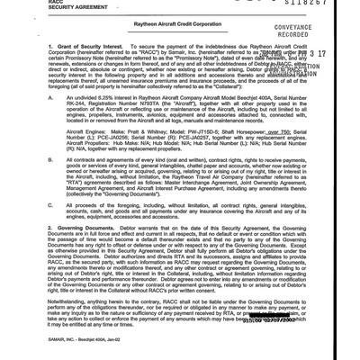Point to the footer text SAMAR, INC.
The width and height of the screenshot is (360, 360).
32,346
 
